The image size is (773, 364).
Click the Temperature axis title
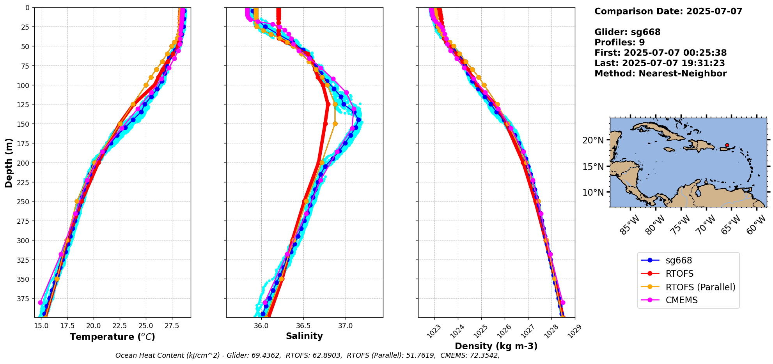[x=112, y=337]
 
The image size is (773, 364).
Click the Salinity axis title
[x=304, y=336]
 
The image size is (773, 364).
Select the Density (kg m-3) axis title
[x=496, y=346]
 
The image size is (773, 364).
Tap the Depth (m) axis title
[x=9, y=163]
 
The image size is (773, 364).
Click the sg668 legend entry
[x=679, y=260]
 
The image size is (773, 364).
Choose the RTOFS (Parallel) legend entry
[x=700, y=287]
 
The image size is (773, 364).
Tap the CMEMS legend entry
[x=681, y=300]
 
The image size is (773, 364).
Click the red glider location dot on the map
[x=727, y=145]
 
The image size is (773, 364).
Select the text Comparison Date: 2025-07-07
[x=668, y=11]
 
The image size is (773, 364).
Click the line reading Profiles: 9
[x=619, y=42]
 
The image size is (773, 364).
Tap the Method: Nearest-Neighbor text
[x=660, y=74]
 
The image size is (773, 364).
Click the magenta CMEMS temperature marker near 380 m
[x=41, y=302]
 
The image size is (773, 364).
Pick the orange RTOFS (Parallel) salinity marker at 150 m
[x=335, y=124]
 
